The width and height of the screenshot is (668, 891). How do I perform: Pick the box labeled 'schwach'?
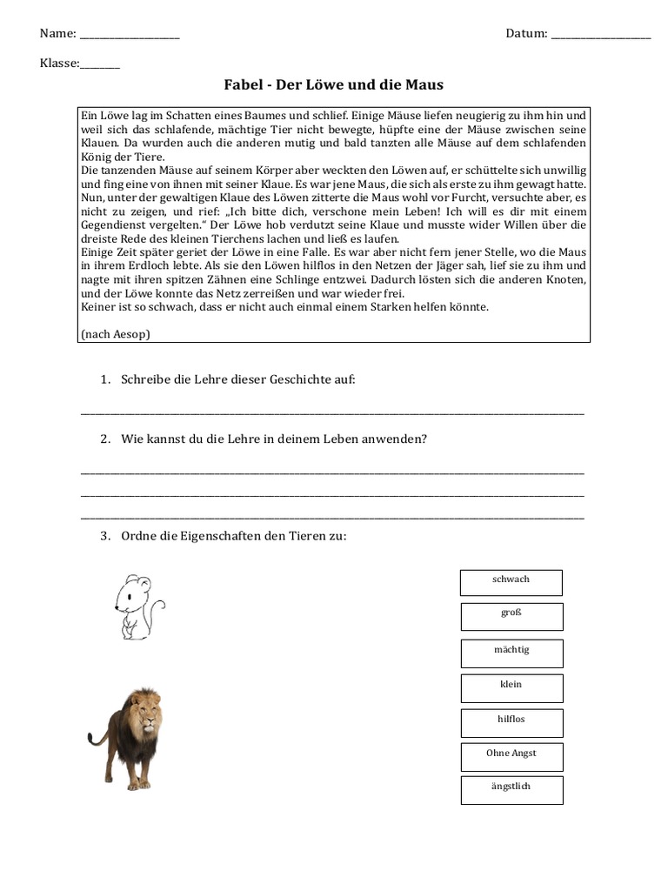coord(511,582)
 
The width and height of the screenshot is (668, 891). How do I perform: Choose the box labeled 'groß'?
coord(511,616)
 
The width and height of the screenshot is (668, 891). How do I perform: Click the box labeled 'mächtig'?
coord(511,653)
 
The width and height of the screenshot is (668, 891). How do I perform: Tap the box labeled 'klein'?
coord(511,687)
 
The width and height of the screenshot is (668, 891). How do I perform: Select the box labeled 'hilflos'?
coord(511,722)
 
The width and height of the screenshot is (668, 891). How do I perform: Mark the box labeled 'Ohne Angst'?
coord(511,756)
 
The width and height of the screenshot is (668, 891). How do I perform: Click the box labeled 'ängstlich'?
coord(511,789)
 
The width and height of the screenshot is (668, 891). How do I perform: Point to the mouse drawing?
coord(137,606)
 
